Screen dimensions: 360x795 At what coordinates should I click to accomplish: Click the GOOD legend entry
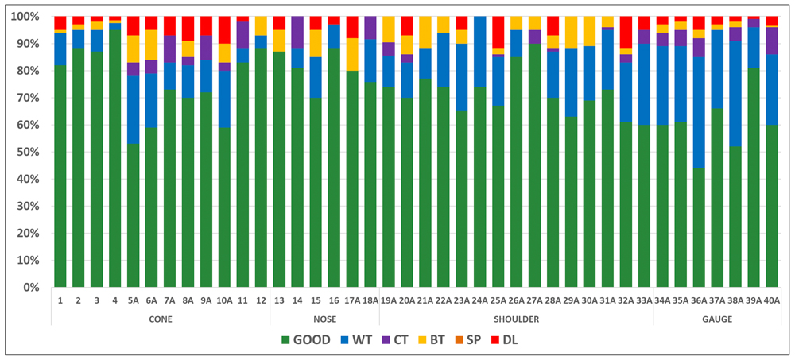click(x=307, y=340)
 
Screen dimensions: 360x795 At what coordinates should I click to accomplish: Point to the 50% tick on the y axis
click(x=30, y=152)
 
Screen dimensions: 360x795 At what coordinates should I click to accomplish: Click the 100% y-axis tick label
click(x=28, y=17)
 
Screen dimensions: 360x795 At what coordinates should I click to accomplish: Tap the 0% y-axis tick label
click(x=34, y=287)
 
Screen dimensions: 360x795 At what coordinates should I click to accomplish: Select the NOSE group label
click(x=324, y=319)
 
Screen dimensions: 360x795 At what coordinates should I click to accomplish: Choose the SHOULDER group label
click(x=516, y=319)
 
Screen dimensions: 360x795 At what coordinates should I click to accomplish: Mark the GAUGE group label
click(x=717, y=319)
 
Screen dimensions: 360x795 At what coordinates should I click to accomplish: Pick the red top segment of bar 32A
click(x=626, y=32)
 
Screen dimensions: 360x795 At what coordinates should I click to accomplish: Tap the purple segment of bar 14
click(x=297, y=32)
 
